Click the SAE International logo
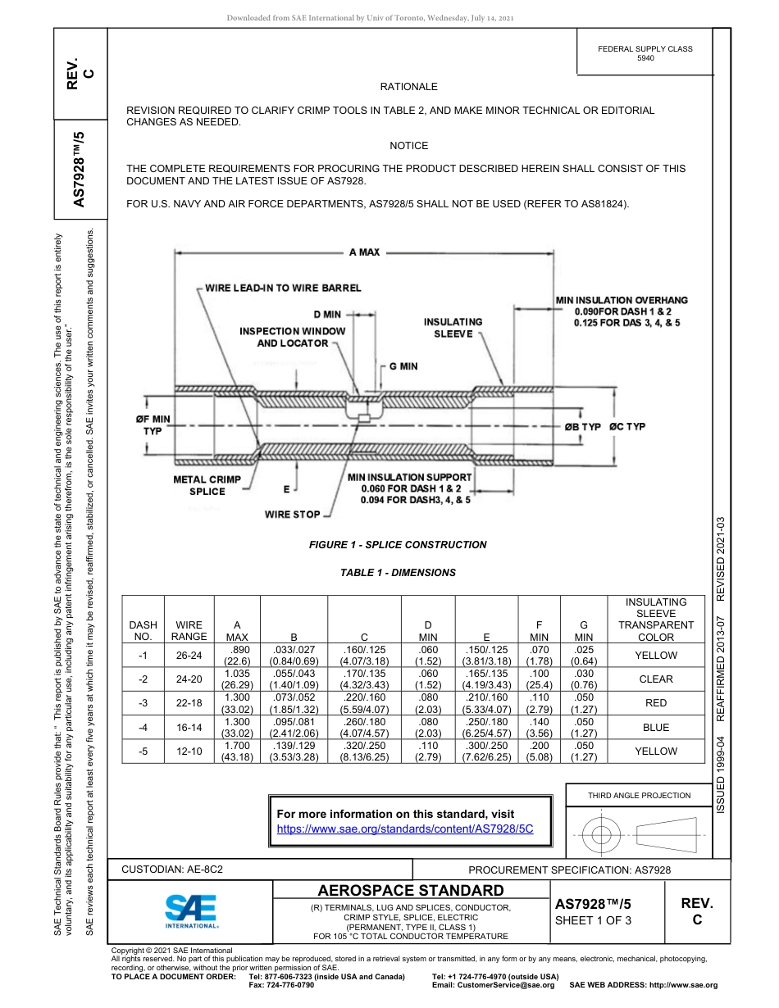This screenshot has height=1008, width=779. [191, 910]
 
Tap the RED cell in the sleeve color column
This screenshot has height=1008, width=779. [655, 703]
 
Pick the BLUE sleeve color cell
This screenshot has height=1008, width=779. [655, 727]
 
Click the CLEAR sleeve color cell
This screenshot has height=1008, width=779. [655, 679]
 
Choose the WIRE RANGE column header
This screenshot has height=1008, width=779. [189, 630]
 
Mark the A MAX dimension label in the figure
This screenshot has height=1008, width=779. [364, 252]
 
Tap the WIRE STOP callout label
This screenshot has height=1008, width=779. [292, 515]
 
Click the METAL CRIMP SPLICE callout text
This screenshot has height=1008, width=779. [207, 485]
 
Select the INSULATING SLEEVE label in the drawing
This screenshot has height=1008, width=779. [453, 328]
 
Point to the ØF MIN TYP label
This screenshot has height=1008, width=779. [153, 425]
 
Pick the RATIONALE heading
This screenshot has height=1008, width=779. [408, 87]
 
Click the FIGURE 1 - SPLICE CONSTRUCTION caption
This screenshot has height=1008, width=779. [397, 545]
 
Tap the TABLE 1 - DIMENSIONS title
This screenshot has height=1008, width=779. [398, 573]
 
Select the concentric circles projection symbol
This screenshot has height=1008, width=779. [602, 836]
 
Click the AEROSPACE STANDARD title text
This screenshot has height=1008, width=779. [411, 891]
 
